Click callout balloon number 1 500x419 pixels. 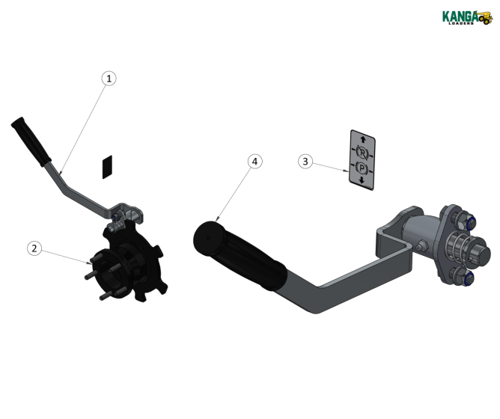coord(109,79)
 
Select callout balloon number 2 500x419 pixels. coord(34,248)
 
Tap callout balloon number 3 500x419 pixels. coord(305,161)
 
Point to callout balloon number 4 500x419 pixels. coord(255,162)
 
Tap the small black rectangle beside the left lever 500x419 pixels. coord(107,165)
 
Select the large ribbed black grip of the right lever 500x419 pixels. coord(243,255)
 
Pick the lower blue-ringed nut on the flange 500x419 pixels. coord(466,278)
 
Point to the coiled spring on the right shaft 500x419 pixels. coord(457,248)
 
